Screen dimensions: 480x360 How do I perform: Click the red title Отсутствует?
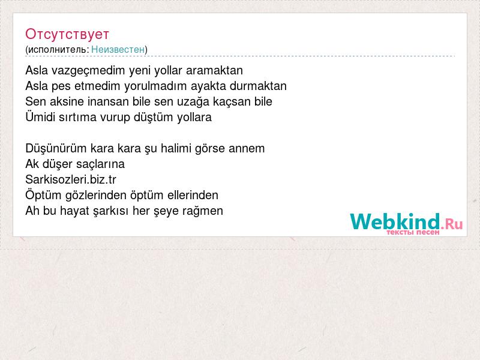(67, 34)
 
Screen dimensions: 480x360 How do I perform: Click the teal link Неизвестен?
(118, 49)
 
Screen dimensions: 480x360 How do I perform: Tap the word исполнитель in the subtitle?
(58, 49)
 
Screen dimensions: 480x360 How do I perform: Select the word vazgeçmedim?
(88, 71)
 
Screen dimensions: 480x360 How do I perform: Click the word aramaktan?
(214, 70)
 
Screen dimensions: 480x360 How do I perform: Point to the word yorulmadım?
(155, 86)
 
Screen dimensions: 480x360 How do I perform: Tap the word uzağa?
(193, 102)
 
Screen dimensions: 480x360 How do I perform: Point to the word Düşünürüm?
(56, 148)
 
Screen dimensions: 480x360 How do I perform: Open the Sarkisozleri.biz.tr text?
(71, 179)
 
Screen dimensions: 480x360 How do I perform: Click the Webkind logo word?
(395, 221)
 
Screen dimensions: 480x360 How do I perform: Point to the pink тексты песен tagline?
(413, 232)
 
